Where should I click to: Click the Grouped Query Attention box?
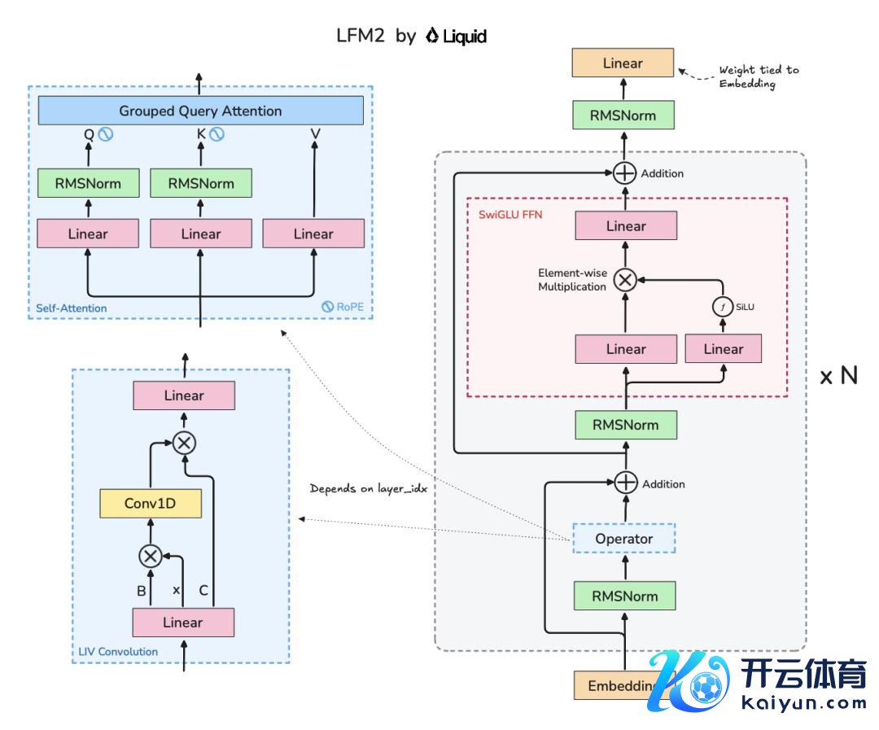pos(200,111)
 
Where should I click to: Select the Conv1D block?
pos(150,504)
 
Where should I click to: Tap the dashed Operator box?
pos(624,539)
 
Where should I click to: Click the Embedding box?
pos(619,685)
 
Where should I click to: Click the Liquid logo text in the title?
pos(457,37)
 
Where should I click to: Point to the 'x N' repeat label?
pos(838,376)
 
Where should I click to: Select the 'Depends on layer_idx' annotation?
pos(369,489)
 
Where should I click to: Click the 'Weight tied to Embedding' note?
pos(758,76)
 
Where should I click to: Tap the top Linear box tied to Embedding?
pos(623,63)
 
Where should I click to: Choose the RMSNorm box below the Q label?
pos(88,183)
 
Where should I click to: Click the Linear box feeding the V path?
pos(313,234)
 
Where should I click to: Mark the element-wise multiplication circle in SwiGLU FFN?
pos(624,281)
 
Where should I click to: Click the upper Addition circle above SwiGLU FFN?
pos(624,173)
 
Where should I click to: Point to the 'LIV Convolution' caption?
pos(118,651)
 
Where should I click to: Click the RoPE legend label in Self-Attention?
pos(342,308)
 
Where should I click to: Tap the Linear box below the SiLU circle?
pos(724,349)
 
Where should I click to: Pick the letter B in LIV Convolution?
pos(142,591)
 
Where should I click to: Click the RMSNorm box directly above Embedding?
pos(624,595)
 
